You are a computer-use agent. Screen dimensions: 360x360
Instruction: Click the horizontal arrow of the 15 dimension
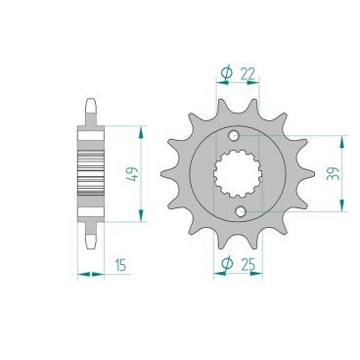[x=90, y=275]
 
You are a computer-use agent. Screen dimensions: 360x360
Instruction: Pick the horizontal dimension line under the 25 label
[x=235, y=276]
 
